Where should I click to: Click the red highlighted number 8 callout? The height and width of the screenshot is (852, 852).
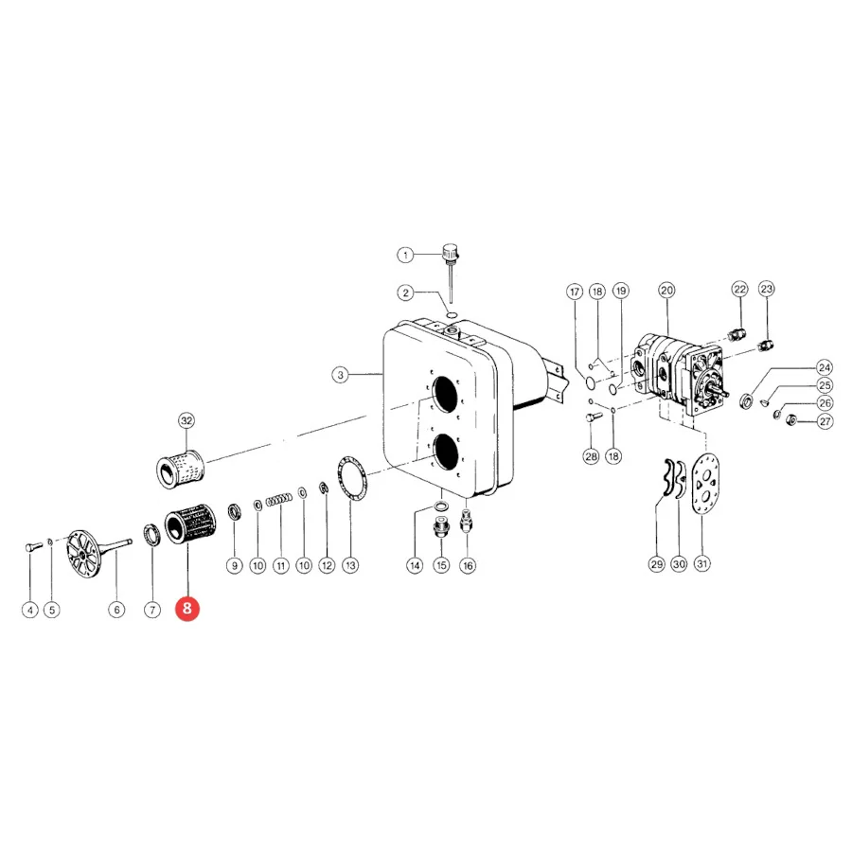click(x=186, y=608)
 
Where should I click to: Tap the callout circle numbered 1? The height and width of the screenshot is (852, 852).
click(x=405, y=255)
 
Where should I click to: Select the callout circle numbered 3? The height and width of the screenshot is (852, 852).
click(x=340, y=374)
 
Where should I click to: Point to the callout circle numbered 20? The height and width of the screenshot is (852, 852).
click(x=666, y=291)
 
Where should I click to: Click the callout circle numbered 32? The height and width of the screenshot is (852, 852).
click(x=186, y=420)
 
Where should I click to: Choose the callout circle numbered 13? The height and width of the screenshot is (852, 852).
click(x=350, y=565)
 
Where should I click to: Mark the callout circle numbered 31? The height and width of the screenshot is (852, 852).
click(x=702, y=563)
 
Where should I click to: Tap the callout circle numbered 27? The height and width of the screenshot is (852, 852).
click(x=825, y=421)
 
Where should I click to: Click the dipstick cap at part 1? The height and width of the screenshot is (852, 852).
click(x=451, y=253)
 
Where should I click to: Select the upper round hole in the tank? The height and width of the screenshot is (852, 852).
click(x=445, y=394)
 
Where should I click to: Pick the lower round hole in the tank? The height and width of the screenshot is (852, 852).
click(x=446, y=453)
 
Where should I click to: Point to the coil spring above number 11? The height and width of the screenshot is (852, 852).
click(x=278, y=499)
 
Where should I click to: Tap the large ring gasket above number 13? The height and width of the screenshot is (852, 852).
click(x=352, y=478)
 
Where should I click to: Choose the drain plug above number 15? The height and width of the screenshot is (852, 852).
click(x=441, y=527)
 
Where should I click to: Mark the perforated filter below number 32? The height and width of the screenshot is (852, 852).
click(x=180, y=469)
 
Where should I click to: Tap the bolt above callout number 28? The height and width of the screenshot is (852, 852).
click(x=594, y=417)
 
